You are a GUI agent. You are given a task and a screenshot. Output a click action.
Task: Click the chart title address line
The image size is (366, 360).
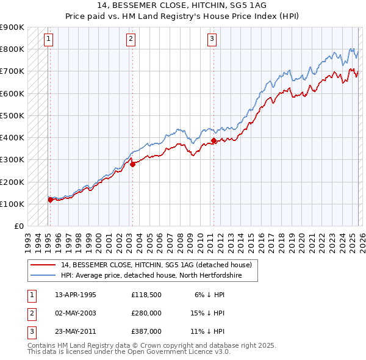[183, 5]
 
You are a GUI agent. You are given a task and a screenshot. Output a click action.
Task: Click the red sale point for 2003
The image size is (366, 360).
[132, 164]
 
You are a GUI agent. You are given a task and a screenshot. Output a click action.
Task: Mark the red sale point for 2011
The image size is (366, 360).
[213, 140]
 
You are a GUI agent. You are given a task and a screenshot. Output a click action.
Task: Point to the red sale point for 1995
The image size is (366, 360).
[50, 200]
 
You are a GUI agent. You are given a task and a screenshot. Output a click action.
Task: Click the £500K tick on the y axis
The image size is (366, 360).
[12, 115]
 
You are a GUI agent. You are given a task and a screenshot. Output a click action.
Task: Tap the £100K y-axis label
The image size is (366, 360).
[12, 204]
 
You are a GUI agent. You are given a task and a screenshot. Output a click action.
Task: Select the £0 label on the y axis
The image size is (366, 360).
[18, 226]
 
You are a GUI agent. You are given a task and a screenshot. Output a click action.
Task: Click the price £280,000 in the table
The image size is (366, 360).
[146, 313]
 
